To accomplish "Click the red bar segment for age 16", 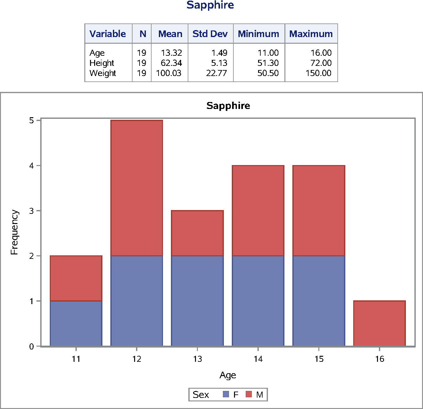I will coord(379,323).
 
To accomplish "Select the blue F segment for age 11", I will coord(76,323).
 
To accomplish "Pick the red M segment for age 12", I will coord(137,188).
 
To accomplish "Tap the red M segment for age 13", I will coord(197,233).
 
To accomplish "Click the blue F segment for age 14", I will coord(258,301).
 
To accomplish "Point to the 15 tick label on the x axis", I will coord(319,359).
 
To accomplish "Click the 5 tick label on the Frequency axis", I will coord(32,120).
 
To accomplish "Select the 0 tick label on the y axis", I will coord(32,347).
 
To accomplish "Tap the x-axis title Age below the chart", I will coord(228,375).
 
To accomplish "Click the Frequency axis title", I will coord(15,232).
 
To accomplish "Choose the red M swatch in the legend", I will coord(249,394).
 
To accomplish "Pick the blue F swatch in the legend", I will coord(226,394).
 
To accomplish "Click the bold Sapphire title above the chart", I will coord(228,105).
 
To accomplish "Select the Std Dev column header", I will coord(210,34).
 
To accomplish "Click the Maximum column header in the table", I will coord(311,34).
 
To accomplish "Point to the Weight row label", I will coord(103,73).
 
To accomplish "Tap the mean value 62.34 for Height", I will coord(171,63).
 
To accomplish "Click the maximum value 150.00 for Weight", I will coord(318,73).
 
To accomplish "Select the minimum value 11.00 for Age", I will coord(268,53).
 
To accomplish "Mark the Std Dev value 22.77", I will coord(217,73).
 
